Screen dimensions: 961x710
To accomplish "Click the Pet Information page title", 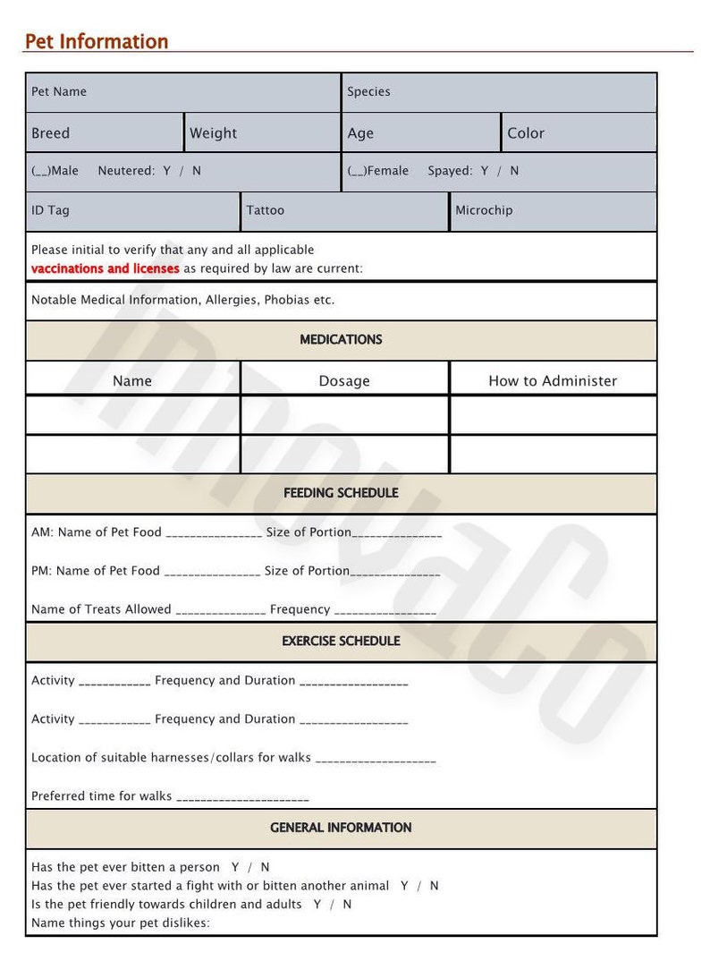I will tap(96, 41).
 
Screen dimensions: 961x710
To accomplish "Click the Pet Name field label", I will tap(59, 91).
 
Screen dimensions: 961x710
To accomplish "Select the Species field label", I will tap(368, 91).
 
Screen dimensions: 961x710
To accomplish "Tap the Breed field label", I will tap(50, 133).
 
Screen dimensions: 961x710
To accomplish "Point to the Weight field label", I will tap(213, 133).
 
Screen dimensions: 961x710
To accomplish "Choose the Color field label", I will tap(525, 133).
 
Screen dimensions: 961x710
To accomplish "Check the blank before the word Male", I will tap(39, 171).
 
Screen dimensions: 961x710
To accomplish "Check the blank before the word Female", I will tap(356, 171).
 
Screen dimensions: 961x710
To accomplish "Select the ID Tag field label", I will tap(50, 210).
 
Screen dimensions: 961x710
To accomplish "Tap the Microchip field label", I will tap(484, 210).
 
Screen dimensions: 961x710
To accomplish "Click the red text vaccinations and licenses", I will tap(106, 268).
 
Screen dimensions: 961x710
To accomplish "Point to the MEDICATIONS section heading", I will tap(341, 340).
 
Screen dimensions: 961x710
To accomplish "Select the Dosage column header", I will tap(344, 381).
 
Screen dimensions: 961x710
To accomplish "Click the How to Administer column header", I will tap(553, 381).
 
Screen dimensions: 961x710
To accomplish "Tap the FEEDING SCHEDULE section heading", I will tap(341, 493).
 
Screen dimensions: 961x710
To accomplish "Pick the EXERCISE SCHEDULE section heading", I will tap(341, 642).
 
